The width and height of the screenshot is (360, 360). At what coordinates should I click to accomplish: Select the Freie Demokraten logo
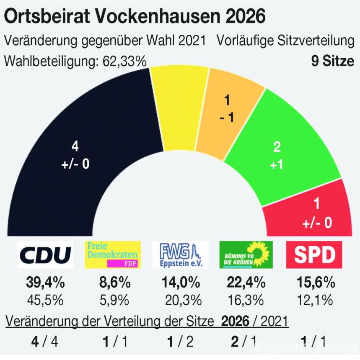tap(113, 255)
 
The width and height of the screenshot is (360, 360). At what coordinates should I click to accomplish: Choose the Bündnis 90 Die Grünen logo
tap(246, 255)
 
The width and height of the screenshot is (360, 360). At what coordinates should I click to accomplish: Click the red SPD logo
tap(314, 255)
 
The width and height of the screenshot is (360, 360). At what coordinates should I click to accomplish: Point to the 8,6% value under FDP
tap(113, 283)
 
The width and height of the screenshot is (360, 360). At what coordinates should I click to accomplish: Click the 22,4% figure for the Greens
tap(246, 283)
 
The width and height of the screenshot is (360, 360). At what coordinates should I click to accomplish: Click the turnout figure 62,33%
tap(125, 62)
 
